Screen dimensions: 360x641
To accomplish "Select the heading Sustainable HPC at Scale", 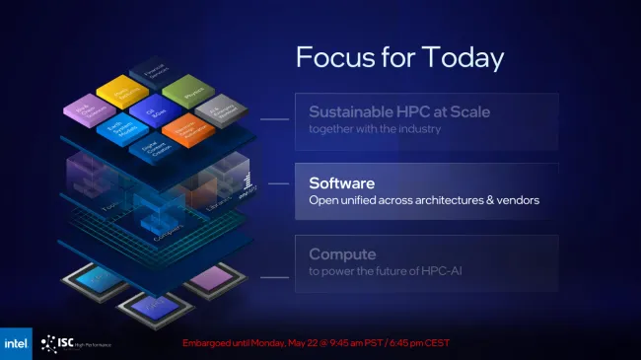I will pos(399,111).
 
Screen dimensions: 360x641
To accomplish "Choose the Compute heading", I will pos(341,254).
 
